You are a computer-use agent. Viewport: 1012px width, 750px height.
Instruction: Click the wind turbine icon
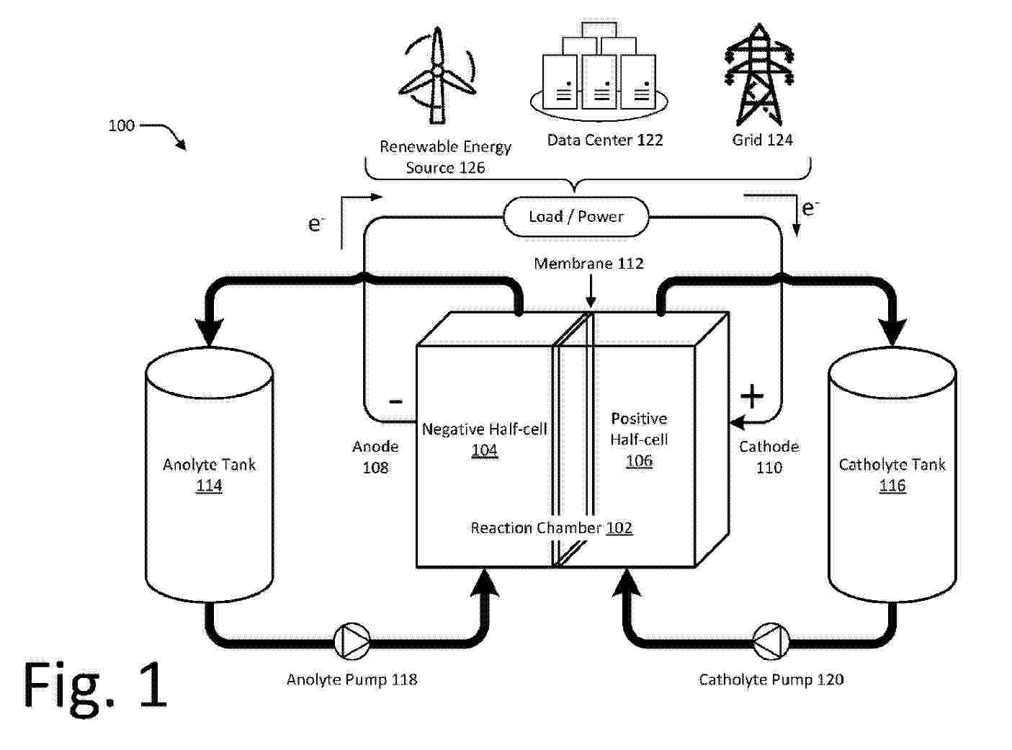(x=436, y=76)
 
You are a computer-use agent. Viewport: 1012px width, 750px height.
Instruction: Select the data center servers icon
(x=598, y=72)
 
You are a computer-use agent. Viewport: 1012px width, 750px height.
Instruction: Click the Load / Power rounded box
(x=576, y=216)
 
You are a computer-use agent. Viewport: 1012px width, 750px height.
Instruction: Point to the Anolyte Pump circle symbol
(x=353, y=641)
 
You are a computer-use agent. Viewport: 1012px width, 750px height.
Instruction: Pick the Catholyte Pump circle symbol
(x=771, y=641)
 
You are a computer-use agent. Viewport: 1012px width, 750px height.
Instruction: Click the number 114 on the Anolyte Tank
(x=209, y=486)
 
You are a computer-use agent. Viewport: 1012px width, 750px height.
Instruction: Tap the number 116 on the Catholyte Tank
(x=892, y=486)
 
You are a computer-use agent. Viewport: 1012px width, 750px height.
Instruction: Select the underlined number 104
(x=484, y=450)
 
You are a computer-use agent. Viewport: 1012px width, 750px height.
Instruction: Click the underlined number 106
(x=639, y=460)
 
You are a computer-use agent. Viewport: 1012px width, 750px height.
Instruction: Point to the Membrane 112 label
(x=588, y=264)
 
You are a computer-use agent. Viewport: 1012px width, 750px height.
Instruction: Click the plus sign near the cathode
(x=751, y=396)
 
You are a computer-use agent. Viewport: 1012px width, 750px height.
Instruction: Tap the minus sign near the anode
(x=395, y=401)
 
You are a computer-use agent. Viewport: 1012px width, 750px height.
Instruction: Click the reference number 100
(x=121, y=125)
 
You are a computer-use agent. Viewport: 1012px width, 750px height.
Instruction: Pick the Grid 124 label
(x=762, y=140)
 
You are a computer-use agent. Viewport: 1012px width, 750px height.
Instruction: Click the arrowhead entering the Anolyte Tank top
(x=210, y=333)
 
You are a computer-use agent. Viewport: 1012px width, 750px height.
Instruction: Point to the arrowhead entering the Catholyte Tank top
(x=893, y=333)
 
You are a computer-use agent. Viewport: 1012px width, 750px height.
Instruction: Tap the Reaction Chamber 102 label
(x=551, y=528)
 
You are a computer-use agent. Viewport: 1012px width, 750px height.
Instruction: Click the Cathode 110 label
(x=769, y=457)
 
